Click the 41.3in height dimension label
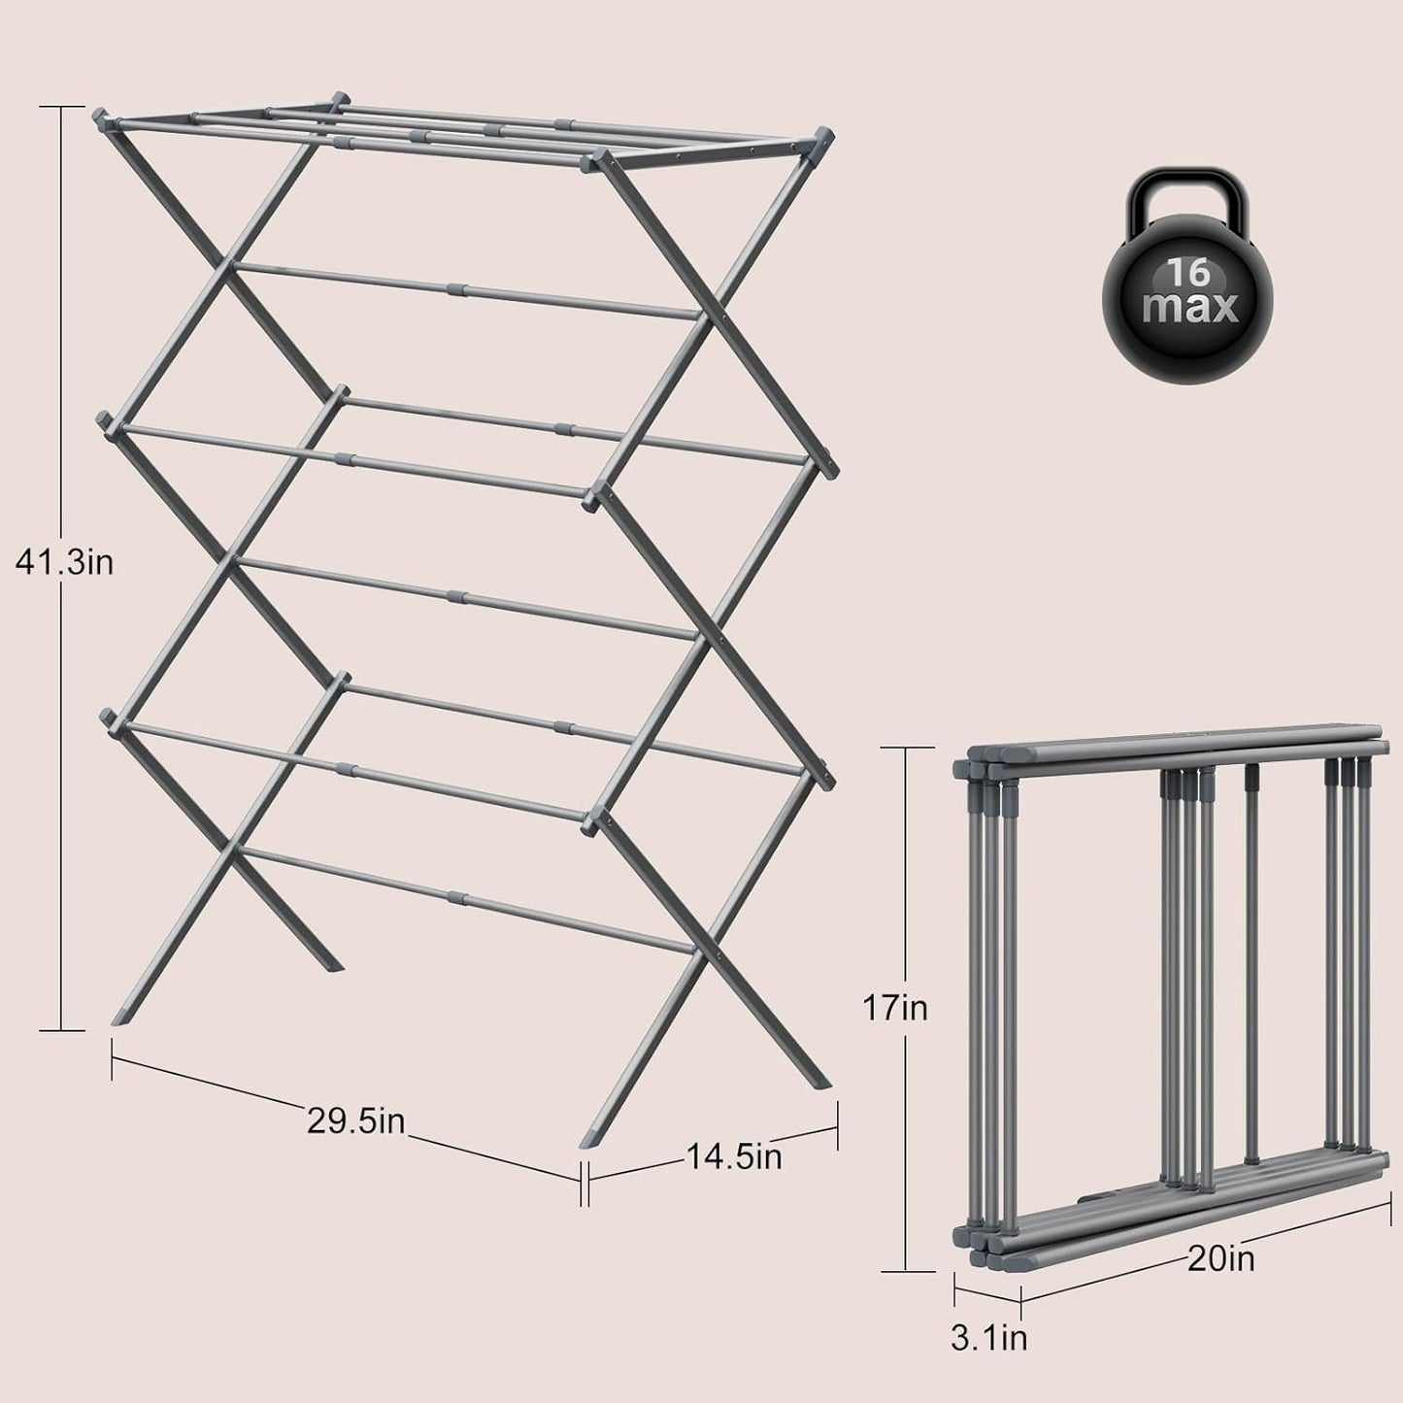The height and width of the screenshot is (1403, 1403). pyautogui.click(x=64, y=562)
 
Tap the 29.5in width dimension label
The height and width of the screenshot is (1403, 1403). pyautogui.click(x=355, y=1120)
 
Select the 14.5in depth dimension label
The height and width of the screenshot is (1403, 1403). pyautogui.click(x=734, y=1156)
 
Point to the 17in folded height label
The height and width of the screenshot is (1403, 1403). pyautogui.click(x=895, y=1009)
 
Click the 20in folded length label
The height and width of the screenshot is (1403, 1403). pyautogui.click(x=1219, y=1259)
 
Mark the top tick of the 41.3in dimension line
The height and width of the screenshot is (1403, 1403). pyautogui.click(x=62, y=107)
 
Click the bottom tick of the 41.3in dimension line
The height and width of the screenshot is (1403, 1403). pyautogui.click(x=62, y=1028)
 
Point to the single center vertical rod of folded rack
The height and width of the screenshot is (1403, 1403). pyautogui.click(x=1252, y=961)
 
